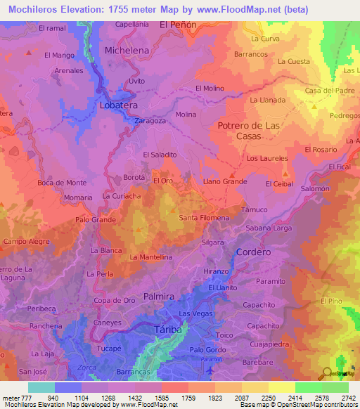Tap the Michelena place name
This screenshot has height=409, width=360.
click(x=127, y=51)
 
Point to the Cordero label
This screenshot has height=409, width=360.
click(x=254, y=252)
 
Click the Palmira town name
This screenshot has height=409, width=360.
click(x=159, y=297)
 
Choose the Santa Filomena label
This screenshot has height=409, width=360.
click(x=204, y=218)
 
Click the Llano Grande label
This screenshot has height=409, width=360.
click(x=224, y=181)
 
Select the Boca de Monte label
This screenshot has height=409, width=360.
click(x=62, y=183)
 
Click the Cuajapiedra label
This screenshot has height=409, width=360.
click(x=270, y=344)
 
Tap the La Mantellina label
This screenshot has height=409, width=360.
click(x=151, y=257)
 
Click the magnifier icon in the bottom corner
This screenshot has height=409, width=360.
click(x=327, y=373)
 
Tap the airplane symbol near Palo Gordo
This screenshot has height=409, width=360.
click(x=209, y=368)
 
